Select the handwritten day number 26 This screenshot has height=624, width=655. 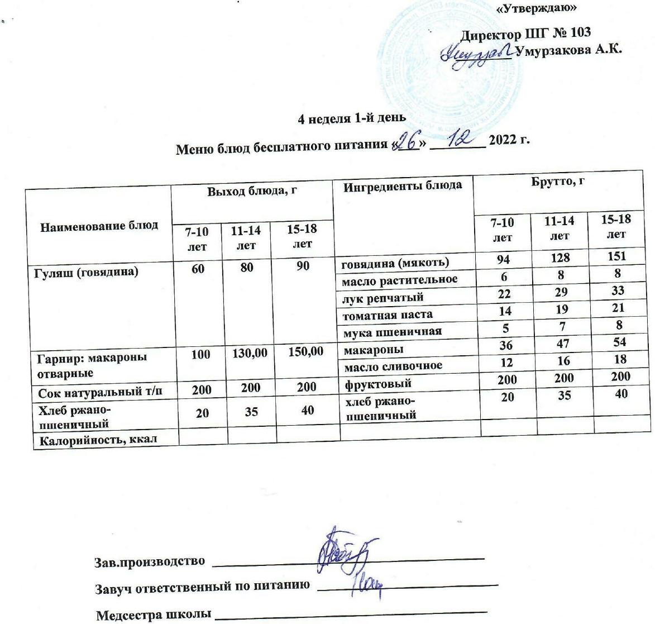pos(409,144)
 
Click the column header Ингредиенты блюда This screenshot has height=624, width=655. pos(402,185)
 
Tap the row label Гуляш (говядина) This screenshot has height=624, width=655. pos(88,272)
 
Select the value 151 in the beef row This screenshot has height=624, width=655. pos(616,256)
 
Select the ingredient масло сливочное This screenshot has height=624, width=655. pos(393,366)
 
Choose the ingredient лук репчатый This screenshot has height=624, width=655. pos(383,297)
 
